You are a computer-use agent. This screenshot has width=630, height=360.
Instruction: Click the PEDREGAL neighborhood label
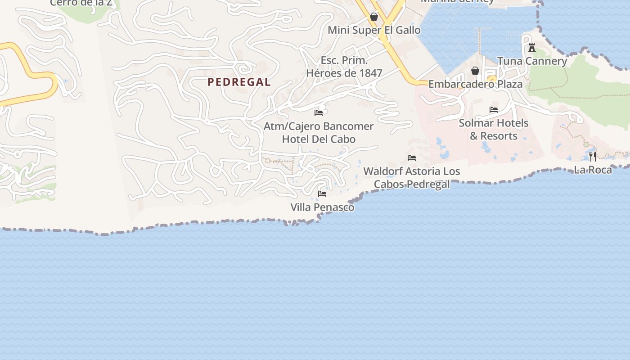pos(239,82)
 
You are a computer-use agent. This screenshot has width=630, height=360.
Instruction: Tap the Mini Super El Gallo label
pos(374,30)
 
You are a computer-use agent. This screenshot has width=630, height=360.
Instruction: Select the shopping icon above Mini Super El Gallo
pos(373,17)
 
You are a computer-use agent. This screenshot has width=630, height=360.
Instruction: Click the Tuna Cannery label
pos(532,61)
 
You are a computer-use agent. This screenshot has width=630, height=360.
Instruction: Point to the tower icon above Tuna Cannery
pos(532,47)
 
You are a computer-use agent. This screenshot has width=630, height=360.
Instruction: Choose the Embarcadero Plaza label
pos(475,84)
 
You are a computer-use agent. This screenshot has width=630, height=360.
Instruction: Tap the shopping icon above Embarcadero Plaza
pos(475,71)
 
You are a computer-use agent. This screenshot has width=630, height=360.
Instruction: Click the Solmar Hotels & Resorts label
pos(494,129)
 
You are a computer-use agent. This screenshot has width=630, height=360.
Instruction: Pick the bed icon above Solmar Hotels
pos(494,109)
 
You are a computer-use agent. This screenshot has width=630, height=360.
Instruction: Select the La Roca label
pos(593,170)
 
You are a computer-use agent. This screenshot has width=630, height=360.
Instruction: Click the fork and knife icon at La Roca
pos(593,156)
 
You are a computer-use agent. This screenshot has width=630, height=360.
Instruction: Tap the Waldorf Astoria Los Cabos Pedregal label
pos(412,177)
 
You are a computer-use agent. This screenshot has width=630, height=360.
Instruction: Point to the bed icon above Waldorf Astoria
pos(411,157)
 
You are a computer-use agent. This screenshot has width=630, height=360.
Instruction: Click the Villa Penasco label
pos(322,207)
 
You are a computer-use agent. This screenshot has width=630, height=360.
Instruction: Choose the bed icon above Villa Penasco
pos(322,193)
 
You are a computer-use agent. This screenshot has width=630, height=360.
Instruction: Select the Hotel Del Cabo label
pos(319,139)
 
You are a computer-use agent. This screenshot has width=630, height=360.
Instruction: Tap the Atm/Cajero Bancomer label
pos(319,126)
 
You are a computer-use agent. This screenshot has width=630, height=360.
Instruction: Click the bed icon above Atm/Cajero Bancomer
pos(319,112)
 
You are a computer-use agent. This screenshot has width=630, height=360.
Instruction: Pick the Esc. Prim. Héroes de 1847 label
pos(344,67)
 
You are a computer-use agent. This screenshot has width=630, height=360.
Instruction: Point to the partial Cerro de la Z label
pos(81,3)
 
